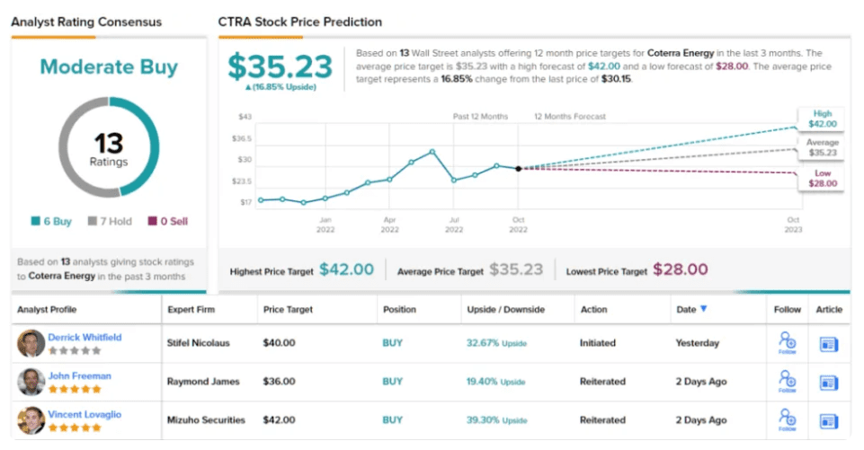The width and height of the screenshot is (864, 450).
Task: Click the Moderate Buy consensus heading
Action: pos(109,67)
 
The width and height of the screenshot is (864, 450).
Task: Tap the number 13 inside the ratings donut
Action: pos(109,143)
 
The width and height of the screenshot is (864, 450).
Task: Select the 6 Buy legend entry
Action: pos(53,221)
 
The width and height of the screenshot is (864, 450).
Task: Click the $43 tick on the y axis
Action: pos(245,117)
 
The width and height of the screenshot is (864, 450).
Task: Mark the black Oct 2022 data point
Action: pos(518,168)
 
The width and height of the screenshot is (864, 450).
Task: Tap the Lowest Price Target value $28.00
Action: pos(680,269)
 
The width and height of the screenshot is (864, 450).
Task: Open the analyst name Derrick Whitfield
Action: pos(85,338)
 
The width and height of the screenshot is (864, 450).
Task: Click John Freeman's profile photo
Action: pos(31,382)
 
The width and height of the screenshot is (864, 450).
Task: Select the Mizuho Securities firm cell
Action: pos(205,419)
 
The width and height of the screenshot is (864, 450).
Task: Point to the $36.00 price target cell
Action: pos(279,382)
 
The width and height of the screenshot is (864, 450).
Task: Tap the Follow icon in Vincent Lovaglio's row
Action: pos(788,419)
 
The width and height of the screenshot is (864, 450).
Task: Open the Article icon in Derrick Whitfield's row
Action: pos(828,343)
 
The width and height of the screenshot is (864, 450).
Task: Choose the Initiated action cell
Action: pos(597,343)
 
